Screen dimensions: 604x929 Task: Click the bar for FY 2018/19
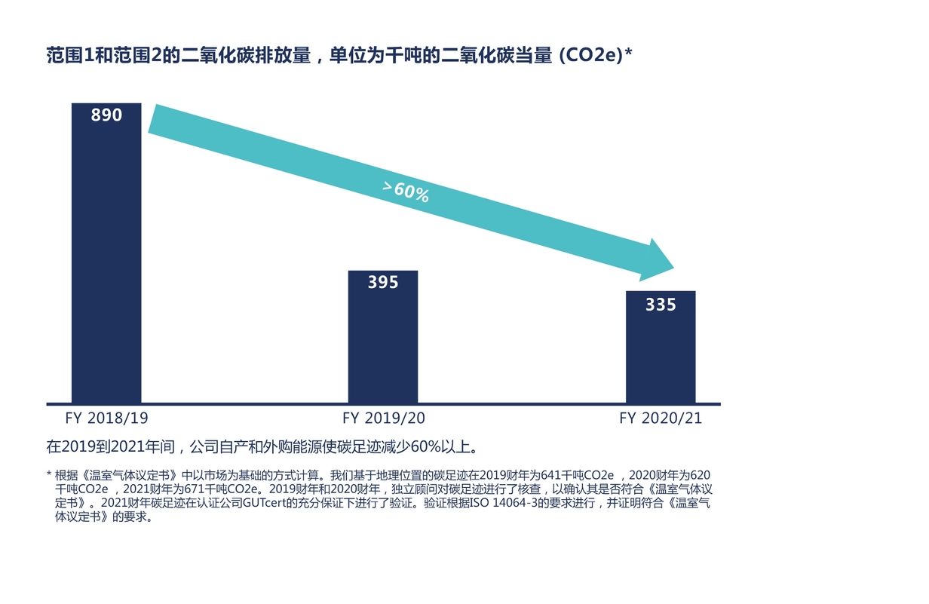(106, 256)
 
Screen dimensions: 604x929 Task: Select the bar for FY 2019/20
(382, 339)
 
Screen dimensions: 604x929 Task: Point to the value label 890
(106, 115)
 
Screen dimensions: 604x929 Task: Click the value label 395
(383, 283)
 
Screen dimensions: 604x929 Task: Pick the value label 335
(661, 305)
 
